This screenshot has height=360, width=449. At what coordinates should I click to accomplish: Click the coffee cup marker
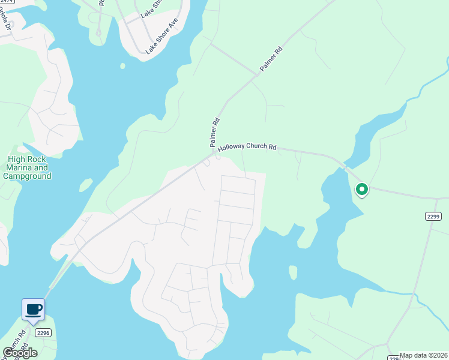coord(34,310)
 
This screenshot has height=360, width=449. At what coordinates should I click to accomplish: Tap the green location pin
coord(361,190)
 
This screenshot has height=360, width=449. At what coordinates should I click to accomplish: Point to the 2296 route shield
coord(42,332)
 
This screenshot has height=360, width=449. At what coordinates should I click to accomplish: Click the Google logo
coord(20,352)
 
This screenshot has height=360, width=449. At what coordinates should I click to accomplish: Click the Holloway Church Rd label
coord(247,146)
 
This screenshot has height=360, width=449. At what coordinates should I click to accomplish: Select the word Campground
coord(27,176)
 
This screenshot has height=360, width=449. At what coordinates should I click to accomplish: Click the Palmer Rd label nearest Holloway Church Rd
coord(214,133)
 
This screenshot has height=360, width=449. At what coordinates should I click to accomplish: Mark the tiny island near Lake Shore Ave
coord(123,66)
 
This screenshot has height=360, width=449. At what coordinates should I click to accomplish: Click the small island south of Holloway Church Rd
coord(292,272)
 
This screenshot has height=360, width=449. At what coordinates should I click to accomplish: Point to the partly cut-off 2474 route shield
coord(7,2)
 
